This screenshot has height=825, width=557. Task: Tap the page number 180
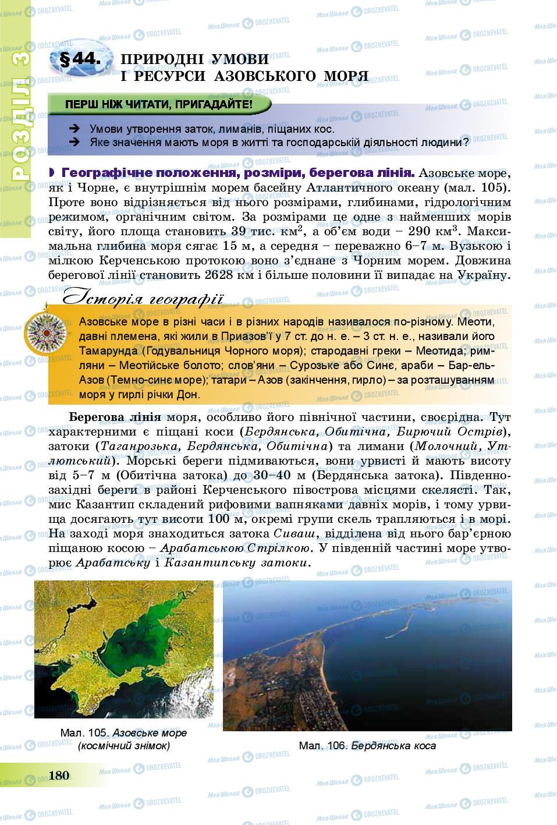tap(59, 775)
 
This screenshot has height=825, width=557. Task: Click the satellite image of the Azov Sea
tap(124, 651)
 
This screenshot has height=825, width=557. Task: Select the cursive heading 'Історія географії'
tap(142, 298)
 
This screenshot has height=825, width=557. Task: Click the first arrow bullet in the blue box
tap(74, 129)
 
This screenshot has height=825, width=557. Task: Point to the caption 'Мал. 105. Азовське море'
tap(123, 732)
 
